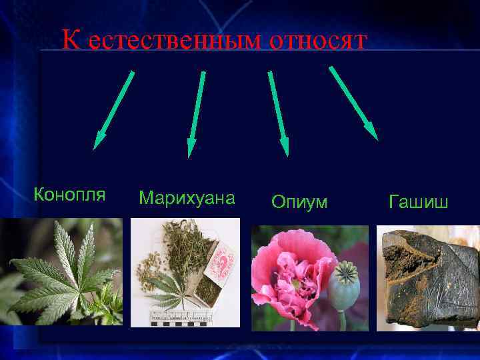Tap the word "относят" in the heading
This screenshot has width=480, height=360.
(x=318, y=41)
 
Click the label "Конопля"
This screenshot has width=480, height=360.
(x=69, y=195)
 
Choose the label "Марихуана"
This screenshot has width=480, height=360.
(x=187, y=198)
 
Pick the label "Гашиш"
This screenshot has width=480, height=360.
(x=419, y=201)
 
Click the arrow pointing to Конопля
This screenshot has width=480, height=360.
(x=114, y=109)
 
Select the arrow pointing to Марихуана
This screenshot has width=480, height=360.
(x=196, y=114)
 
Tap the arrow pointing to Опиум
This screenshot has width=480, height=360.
(x=278, y=113)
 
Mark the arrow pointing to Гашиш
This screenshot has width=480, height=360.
(x=353, y=103)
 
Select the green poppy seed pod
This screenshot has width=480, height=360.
(x=346, y=280)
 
